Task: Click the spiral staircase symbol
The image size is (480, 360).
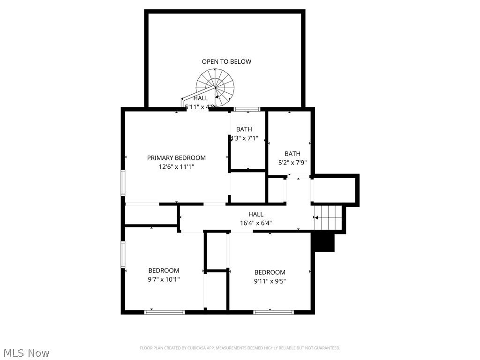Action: coord(215,87)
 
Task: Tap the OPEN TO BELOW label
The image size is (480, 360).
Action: coord(226,61)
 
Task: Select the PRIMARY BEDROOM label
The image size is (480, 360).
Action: coord(176,158)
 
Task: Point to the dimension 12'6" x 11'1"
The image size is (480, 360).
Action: coord(176,166)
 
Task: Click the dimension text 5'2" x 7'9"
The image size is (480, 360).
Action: coord(292,163)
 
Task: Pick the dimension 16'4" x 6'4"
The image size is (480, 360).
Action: coord(256,223)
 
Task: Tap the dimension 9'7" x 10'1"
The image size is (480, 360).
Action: coord(164,279)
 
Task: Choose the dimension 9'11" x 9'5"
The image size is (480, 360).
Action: coord(270,281)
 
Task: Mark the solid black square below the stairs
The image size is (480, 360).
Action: coord(324,242)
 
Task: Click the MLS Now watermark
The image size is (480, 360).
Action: coord(26,352)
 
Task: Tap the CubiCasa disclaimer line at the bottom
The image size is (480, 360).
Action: coord(240,348)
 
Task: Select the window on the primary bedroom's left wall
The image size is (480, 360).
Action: coord(123,182)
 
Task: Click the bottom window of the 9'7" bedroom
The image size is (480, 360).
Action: coord(165,312)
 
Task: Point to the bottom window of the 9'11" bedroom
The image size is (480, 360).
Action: coord(273,312)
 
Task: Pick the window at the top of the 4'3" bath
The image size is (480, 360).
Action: coord(247,110)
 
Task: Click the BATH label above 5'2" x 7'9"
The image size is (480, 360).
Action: coord(292,154)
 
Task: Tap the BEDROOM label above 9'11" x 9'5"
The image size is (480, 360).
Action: coord(270,272)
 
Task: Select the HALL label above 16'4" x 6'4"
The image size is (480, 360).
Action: coord(256,214)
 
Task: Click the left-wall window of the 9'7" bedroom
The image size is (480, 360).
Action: coord(123,255)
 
